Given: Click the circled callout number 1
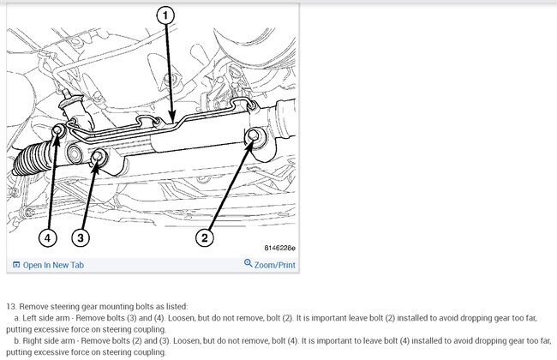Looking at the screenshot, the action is click(165, 15).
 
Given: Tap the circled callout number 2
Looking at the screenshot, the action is click(205, 237).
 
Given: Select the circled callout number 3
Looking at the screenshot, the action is click(81, 237).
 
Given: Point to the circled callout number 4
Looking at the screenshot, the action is click(48, 237).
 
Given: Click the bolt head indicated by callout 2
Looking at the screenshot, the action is click(254, 135).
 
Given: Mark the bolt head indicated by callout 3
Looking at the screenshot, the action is click(98, 156).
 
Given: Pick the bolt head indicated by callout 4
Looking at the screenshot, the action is click(57, 131).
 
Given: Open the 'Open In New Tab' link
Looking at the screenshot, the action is click(53, 265).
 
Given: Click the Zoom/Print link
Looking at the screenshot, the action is click(274, 265).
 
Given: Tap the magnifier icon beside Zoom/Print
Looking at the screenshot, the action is click(248, 263).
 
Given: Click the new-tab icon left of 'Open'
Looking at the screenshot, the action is click(16, 265).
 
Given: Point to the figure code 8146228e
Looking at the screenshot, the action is click(279, 248).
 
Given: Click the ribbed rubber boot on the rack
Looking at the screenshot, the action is click(31, 159).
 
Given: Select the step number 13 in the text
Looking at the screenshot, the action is click(11, 307).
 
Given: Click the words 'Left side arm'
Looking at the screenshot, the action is click(46, 318).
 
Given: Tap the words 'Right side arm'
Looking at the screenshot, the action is click(49, 341).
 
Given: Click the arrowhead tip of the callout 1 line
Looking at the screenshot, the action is click(172, 122).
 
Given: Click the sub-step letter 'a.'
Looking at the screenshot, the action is click(17, 318).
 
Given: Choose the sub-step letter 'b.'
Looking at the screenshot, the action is click(17, 341).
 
